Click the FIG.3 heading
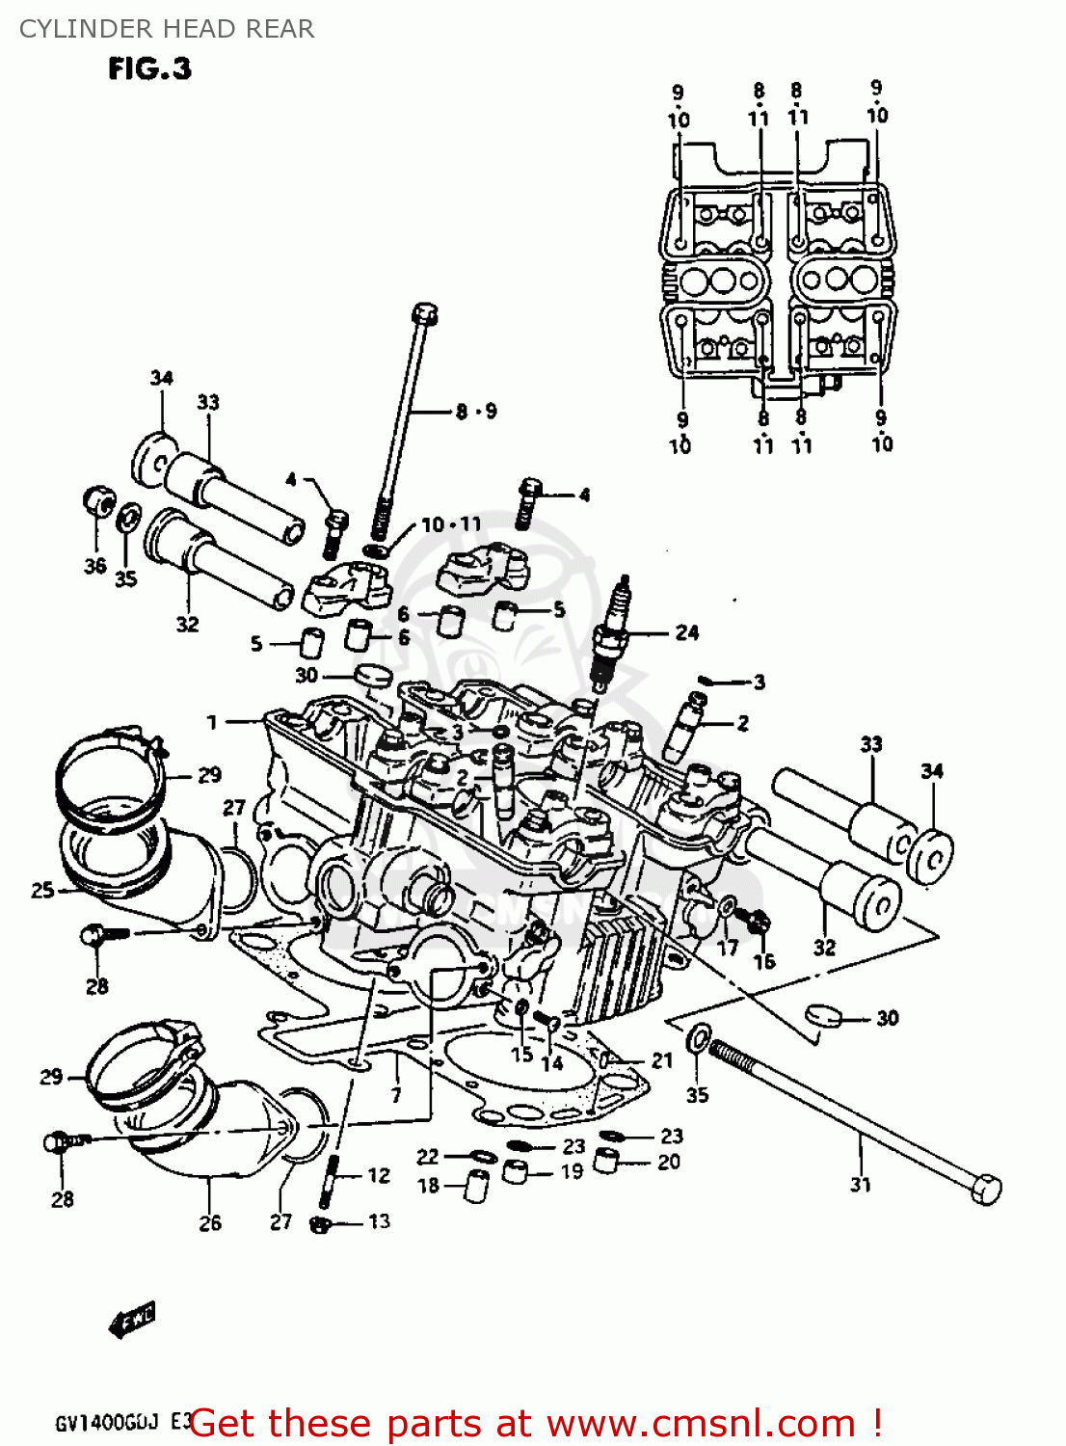click(149, 69)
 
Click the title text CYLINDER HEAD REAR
click(167, 29)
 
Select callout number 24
click(686, 632)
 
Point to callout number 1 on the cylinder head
click(212, 721)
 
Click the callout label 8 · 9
click(476, 412)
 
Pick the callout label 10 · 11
click(451, 524)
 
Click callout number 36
click(94, 565)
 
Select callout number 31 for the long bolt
click(861, 1184)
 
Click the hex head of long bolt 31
click(985, 1189)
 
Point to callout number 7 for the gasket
click(395, 1094)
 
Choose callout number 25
click(42, 890)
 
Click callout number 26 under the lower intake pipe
click(210, 1222)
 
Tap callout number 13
click(379, 1221)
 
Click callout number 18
click(428, 1186)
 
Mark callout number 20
click(669, 1162)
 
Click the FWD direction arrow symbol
click(131, 1320)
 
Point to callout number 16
click(763, 961)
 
